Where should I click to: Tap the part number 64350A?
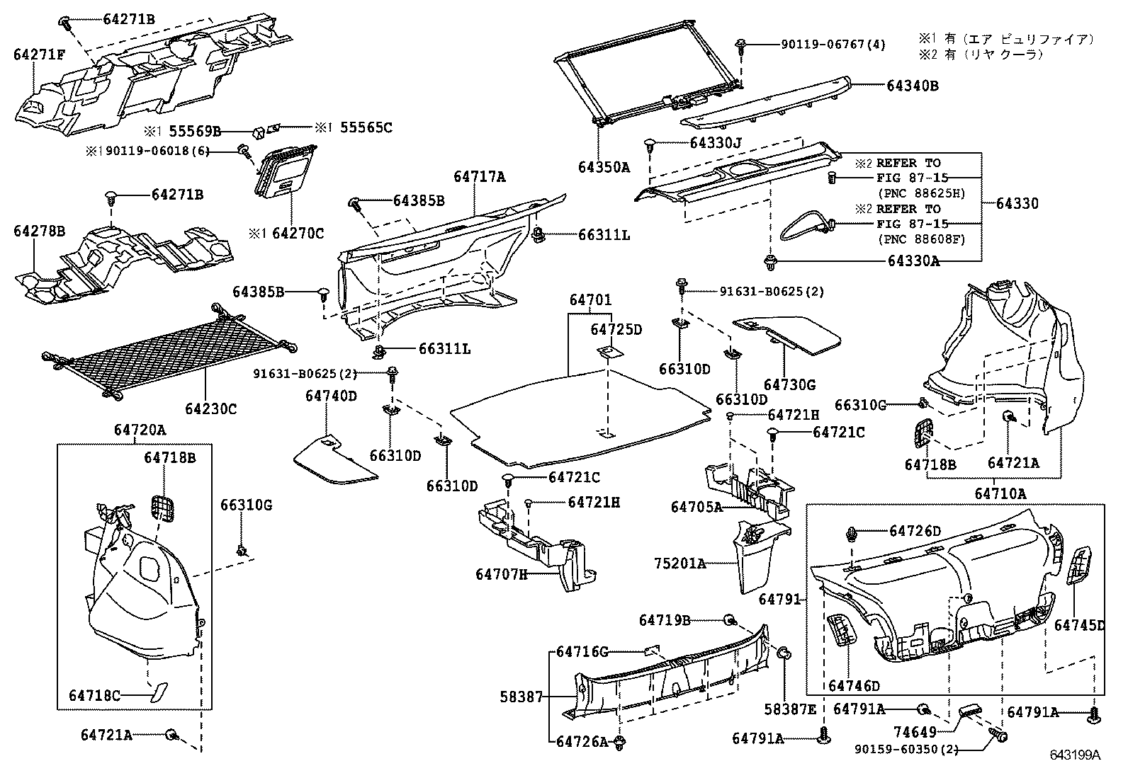pyautogui.click(x=604, y=167)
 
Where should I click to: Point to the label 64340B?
pyautogui.click(x=913, y=86)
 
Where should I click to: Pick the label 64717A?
pyautogui.click(x=479, y=177)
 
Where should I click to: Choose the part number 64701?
pyautogui.click(x=590, y=301)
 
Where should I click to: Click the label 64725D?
pyautogui.click(x=616, y=329)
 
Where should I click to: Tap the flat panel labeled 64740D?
pyautogui.click(x=333, y=460)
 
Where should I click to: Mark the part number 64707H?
pyautogui.click(x=501, y=574)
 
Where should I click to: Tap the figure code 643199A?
pyautogui.click(x=1075, y=755)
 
